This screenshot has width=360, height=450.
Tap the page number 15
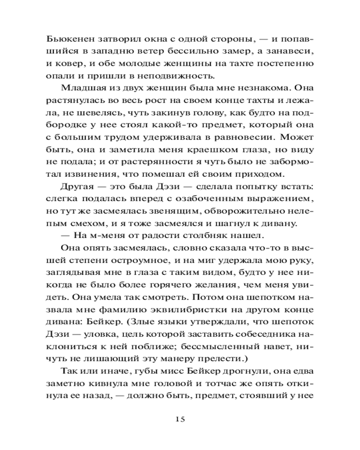(180, 419)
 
